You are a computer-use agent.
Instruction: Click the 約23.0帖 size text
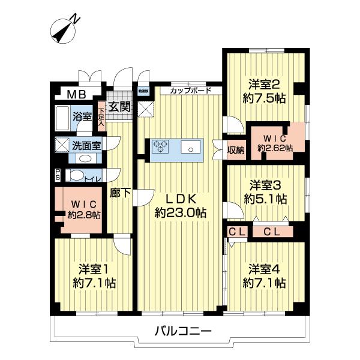point(181,212)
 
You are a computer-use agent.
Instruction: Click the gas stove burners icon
point(161,146)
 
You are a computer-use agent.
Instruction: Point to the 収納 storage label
point(236,149)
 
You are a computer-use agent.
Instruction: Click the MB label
point(76,94)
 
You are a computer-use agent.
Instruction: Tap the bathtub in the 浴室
point(62,116)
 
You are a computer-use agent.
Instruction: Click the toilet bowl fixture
point(76,175)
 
